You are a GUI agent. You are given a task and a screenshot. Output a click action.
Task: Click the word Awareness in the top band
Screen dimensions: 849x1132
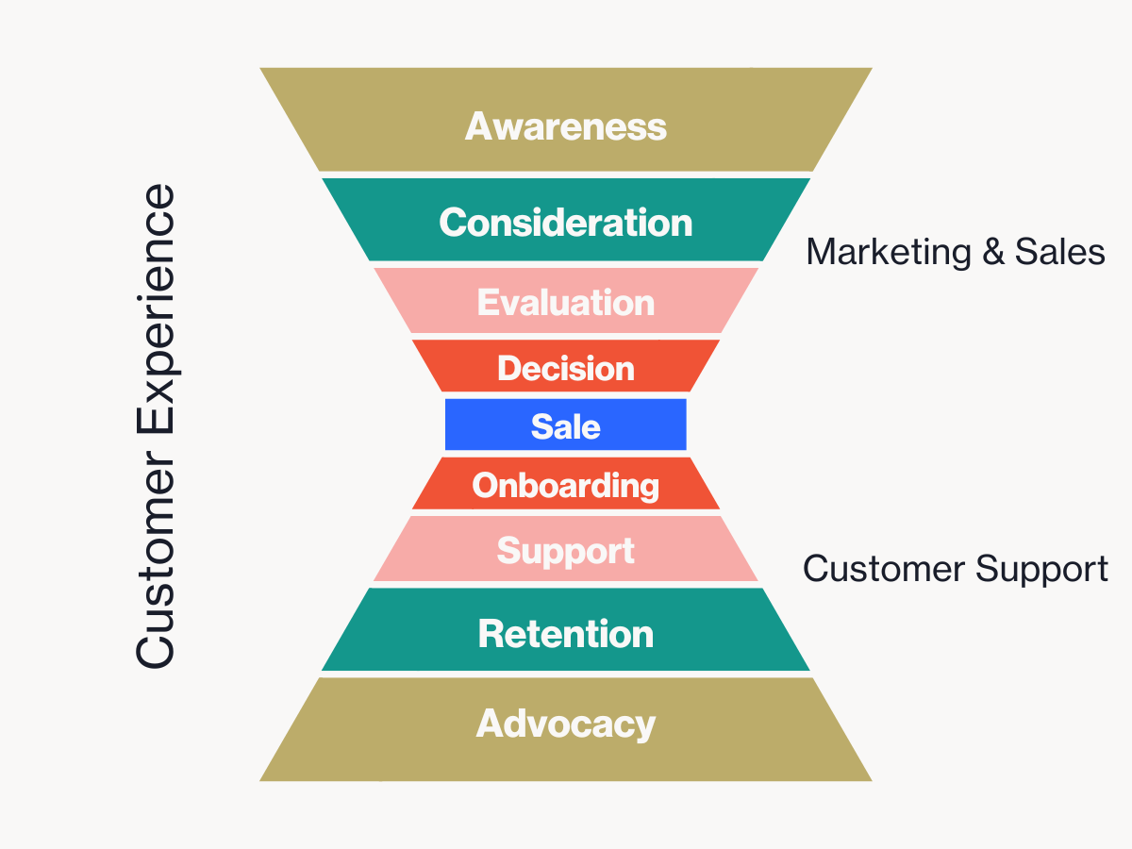(566, 126)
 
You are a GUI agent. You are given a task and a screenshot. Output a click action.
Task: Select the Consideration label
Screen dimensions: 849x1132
(566, 223)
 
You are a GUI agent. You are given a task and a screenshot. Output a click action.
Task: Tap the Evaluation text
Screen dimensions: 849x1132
(566, 303)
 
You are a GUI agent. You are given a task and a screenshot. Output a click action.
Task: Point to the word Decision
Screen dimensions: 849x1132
(566, 368)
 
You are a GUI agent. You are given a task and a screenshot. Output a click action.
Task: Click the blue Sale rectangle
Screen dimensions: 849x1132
(566, 426)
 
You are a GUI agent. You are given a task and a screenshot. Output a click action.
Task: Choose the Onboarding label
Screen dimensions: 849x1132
(566, 486)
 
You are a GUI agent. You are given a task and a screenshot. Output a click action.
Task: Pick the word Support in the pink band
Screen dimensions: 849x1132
(566, 551)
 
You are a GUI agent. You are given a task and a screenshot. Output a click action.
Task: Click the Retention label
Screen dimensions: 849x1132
(566, 633)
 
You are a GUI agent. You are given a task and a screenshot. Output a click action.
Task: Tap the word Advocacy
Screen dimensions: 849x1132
(566, 724)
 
